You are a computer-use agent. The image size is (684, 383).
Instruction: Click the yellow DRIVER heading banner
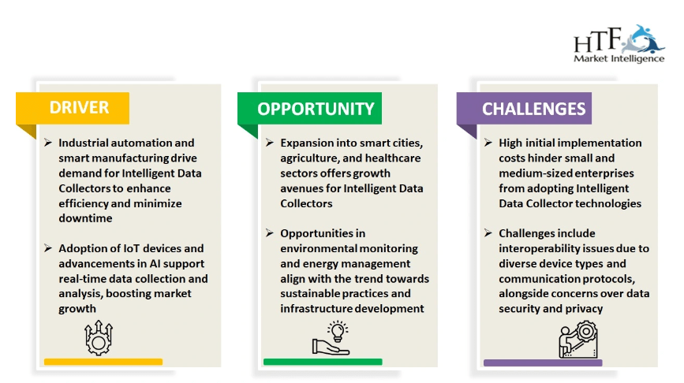point(73,108)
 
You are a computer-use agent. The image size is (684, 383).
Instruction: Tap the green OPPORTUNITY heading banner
point(310,108)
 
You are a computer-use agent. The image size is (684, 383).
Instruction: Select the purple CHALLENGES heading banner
point(524,108)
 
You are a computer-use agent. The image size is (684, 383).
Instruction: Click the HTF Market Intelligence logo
point(619,44)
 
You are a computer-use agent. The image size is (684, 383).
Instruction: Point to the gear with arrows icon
point(99,337)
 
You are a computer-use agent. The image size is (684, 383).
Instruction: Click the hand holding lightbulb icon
point(331,338)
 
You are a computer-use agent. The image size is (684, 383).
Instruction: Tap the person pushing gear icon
point(578,340)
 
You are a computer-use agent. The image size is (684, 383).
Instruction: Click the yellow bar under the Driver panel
point(103,362)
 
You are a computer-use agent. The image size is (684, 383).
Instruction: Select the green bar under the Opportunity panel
point(323,362)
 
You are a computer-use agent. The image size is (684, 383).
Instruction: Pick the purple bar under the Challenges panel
point(543,363)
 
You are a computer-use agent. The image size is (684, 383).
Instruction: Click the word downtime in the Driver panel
point(85,218)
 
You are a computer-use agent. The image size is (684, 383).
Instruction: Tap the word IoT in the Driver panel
point(132,248)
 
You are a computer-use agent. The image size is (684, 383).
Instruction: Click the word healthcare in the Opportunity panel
point(393,158)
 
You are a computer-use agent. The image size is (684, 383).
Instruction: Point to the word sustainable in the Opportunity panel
point(312,294)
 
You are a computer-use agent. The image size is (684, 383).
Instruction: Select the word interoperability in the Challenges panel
point(535,249)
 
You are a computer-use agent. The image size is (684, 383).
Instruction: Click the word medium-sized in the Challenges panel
point(531,173)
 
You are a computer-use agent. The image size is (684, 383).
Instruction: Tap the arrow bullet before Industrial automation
point(48,143)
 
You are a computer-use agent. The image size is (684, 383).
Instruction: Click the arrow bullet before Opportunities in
point(270,233)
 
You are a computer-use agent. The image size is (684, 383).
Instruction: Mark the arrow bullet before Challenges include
point(488,233)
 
